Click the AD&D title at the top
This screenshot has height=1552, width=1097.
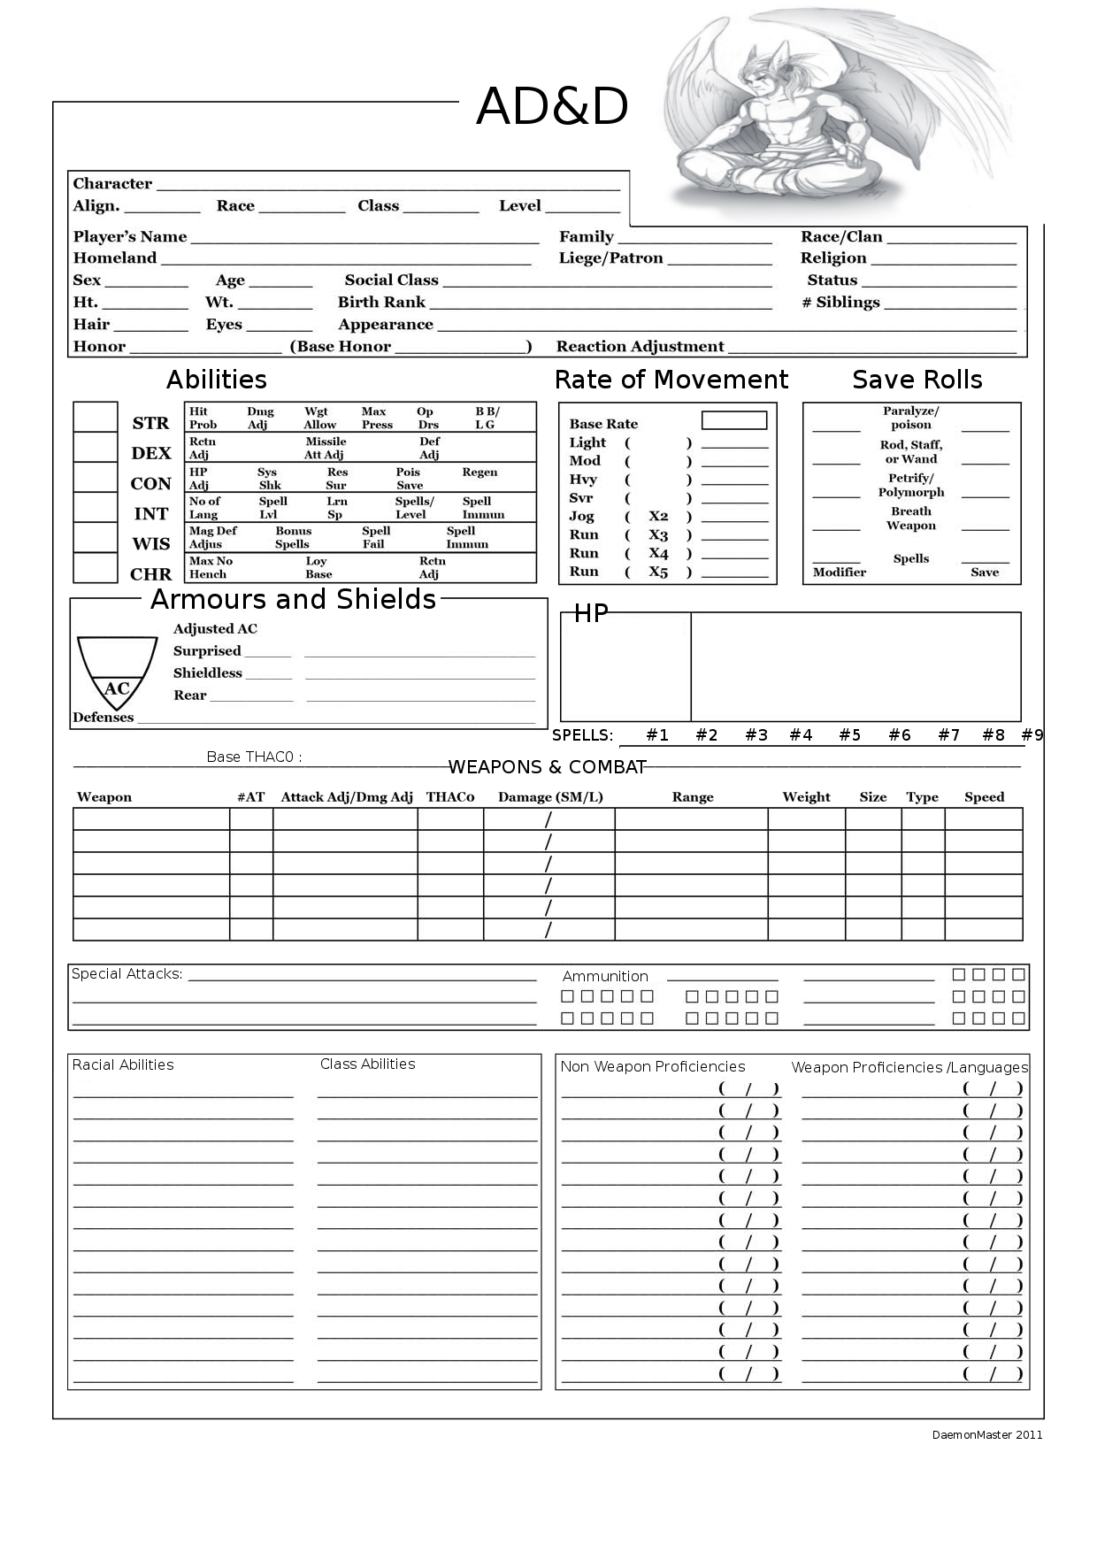552,107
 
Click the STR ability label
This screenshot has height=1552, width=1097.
150,423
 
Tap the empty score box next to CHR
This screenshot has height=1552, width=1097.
95,568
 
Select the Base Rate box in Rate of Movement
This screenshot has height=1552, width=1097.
733,420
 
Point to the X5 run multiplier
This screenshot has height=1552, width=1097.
658,572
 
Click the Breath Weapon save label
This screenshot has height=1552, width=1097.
910,519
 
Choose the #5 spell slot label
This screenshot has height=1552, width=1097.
849,734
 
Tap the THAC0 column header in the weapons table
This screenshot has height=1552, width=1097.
449,797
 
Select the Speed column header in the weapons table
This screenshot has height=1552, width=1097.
984,797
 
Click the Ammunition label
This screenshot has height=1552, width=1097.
605,976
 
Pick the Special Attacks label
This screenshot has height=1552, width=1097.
127,973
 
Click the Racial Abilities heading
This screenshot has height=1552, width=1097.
123,1064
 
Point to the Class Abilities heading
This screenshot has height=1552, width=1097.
367,1064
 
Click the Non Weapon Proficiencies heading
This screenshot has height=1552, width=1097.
652,1066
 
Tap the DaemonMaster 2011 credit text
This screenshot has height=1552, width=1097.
986,1434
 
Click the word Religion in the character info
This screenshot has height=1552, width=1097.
832,258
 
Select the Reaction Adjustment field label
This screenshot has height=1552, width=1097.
640,347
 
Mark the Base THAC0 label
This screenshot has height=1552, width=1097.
254,757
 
